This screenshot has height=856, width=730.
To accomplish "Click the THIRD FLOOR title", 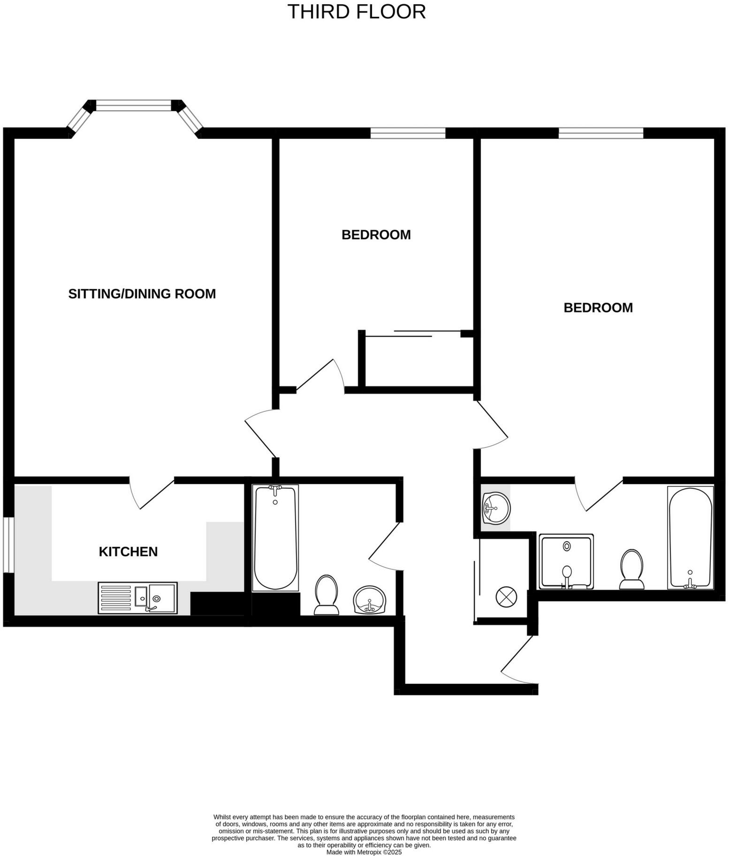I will coord(356,12).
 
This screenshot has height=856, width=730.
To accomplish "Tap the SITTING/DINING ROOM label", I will coord(142,294).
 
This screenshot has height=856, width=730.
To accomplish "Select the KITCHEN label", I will coord(128,552).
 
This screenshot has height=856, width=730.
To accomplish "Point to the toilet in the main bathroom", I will coord(327,594).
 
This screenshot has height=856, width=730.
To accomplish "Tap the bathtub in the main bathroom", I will coord(275,538).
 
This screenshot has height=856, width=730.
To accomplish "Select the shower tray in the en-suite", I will coord(566,561).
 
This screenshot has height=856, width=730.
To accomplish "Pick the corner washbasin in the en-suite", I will coord(496,508).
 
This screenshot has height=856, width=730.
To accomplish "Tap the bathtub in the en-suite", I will coord(690,537).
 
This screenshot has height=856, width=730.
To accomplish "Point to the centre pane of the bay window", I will coord(134,106).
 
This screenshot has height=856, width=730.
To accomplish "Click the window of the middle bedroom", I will coord(408,133).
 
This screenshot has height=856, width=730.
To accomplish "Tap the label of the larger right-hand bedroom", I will coord(598,308).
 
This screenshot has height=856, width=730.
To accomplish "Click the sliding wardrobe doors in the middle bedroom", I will coord(413,333).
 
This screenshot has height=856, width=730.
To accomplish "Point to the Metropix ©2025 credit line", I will coord(364,852).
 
